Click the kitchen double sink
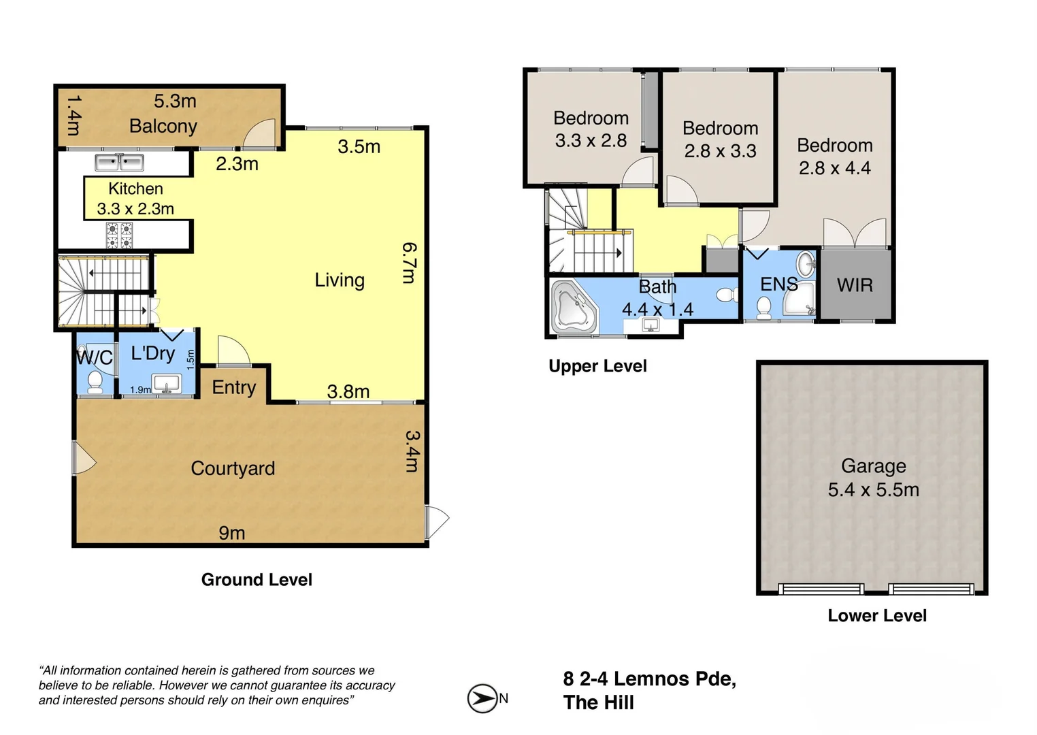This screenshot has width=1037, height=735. pos(119,163)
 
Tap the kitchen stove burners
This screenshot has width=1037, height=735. pos(119,235)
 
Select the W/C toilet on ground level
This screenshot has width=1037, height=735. pos(95,382)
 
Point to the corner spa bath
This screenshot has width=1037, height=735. pos(574,307)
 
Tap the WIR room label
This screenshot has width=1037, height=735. pos(855,285)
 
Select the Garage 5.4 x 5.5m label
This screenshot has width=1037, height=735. pos(873,478)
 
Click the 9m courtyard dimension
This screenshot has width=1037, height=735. pos(232,533)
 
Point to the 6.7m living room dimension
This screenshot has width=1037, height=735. pos(409,263)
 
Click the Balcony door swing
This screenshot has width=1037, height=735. pos(260,134)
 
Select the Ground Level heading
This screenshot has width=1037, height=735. pos(257,580)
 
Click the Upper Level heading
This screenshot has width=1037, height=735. pos(597,366)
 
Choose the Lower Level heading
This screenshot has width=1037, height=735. pos(877,616)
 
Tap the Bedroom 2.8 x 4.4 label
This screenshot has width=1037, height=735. pos(834,157)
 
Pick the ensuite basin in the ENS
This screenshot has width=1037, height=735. pos(806,263)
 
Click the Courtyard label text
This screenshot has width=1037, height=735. pos(233,469)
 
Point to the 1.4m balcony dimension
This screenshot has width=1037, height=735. pos(73,114)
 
